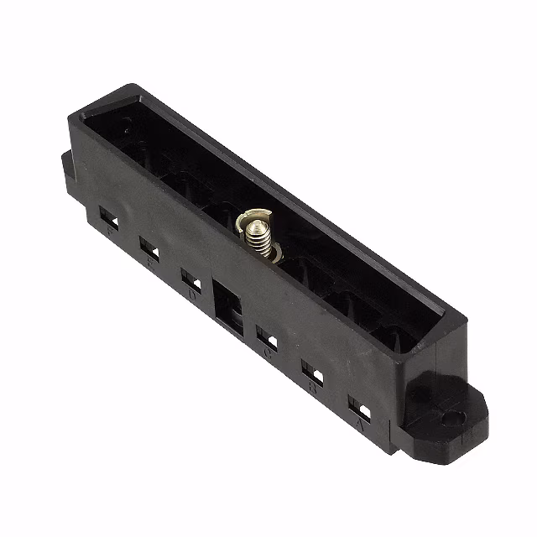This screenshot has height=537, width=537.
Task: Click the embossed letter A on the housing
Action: [x=360, y=425]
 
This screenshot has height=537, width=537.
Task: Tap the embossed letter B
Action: [x=312, y=388]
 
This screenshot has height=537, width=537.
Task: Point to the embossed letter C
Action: [x=268, y=353]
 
